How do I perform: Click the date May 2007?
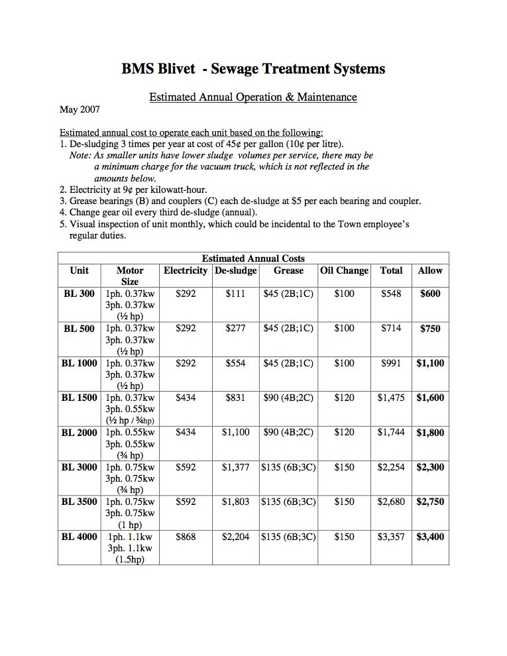(x=80, y=109)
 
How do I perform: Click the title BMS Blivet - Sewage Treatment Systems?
(x=253, y=69)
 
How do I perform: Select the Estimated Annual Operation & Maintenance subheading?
(x=253, y=97)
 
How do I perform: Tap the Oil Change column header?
(x=344, y=270)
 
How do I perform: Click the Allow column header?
(x=430, y=270)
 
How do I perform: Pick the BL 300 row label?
(x=79, y=294)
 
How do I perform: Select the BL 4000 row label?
(x=79, y=537)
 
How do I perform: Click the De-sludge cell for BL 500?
(x=235, y=328)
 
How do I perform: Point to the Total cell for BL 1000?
(x=391, y=363)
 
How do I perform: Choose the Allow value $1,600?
(x=430, y=398)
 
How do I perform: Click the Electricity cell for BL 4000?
(x=186, y=537)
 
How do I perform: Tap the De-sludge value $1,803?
(x=235, y=502)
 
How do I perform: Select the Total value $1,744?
(x=391, y=433)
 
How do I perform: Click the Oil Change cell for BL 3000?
(x=344, y=467)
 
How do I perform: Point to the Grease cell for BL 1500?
(x=288, y=398)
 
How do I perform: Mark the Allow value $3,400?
(x=430, y=537)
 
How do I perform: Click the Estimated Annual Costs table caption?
(x=253, y=258)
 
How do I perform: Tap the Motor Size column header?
(x=130, y=276)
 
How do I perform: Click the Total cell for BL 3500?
(x=391, y=502)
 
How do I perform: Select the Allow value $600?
(x=430, y=294)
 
